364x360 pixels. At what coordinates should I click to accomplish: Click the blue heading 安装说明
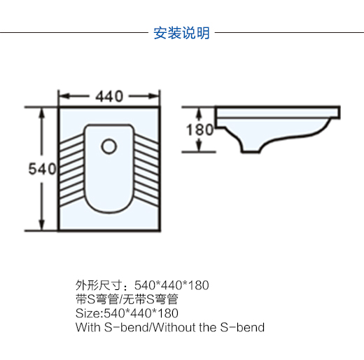(181, 33)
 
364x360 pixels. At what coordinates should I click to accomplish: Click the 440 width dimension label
(109, 96)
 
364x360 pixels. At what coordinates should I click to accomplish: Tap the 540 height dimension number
(42, 169)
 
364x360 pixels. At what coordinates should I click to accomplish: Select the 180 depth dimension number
(199, 130)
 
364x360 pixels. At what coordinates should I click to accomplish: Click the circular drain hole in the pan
(109, 146)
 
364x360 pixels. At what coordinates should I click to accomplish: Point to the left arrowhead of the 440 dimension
(64, 96)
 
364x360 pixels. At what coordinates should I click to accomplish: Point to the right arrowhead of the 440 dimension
(154, 96)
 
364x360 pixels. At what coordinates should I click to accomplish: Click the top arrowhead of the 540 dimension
(41, 113)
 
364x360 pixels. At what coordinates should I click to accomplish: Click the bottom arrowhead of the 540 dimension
(41, 225)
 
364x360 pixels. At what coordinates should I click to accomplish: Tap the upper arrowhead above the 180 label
(199, 113)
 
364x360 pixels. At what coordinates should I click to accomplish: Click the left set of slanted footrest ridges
(72, 170)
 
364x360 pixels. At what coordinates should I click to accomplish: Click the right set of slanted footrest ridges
(146, 170)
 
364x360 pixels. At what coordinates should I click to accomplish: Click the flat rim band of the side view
(278, 113)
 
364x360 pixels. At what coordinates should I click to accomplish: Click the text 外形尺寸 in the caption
(99, 285)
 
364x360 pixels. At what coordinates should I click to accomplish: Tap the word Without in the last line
(174, 327)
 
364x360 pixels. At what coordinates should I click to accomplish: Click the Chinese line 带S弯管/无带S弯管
(127, 299)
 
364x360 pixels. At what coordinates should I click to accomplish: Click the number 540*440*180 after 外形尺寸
(171, 285)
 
